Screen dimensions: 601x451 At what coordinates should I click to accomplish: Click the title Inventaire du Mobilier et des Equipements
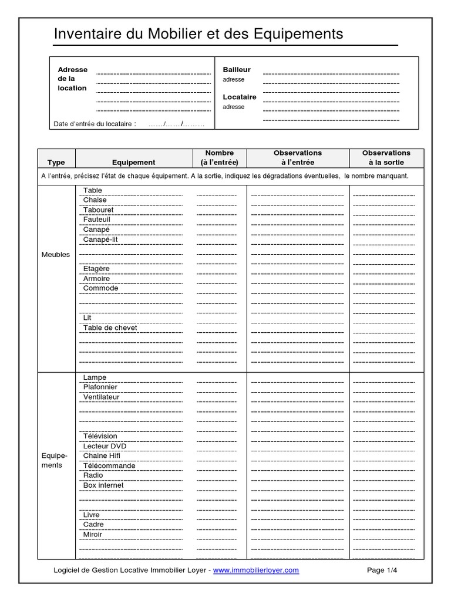click(x=198, y=34)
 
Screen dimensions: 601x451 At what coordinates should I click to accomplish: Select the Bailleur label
click(x=237, y=69)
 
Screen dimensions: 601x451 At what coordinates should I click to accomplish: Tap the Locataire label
click(x=240, y=97)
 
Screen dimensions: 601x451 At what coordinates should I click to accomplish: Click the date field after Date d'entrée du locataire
click(x=176, y=124)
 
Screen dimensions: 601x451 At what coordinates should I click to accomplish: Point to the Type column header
click(x=56, y=163)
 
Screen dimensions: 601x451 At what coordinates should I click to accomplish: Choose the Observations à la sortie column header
click(x=386, y=157)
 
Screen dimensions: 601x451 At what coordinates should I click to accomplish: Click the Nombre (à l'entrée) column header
click(x=219, y=157)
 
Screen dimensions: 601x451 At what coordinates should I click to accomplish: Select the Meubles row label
click(x=56, y=255)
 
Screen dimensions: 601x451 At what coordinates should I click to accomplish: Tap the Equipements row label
click(x=56, y=460)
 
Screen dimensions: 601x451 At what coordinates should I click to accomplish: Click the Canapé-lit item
click(x=100, y=239)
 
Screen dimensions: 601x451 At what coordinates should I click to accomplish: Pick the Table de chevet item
click(x=110, y=327)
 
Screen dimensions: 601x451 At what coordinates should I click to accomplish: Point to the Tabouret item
click(x=98, y=210)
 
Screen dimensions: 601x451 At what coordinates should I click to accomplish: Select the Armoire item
click(x=96, y=278)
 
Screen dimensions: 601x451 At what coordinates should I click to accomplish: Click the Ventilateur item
click(x=101, y=397)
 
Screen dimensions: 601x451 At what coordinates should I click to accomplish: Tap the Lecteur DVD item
click(x=105, y=446)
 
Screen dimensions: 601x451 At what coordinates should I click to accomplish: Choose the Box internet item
click(x=103, y=485)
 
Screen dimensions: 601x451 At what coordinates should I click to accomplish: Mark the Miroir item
click(x=93, y=534)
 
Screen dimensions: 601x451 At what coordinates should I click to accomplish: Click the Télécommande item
click(x=109, y=465)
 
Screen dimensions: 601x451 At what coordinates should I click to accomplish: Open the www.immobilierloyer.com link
click(x=255, y=570)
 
